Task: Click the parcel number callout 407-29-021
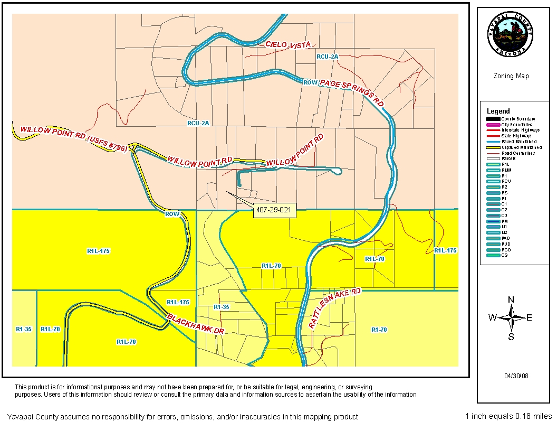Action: pyautogui.click(x=275, y=210)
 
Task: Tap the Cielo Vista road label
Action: pyautogui.click(x=289, y=45)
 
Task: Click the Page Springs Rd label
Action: pyautogui.click(x=351, y=91)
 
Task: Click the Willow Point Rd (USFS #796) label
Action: pyautogui.click(x=73, y=139)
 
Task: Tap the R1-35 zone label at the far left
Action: pyautogui.click(x=23, y=329)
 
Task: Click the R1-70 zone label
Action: pyautogui.click(x=379, y=330)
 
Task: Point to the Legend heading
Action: pyautogui.click(x=498, y=111)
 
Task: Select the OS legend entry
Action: pyautogui.click(x=504, y=256)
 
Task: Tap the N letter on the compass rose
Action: pyautogui.click(x=511, y=299)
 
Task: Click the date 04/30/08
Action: pyautogui.click(x=515, y=376)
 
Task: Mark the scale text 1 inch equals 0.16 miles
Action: pyautogui.click(x=508, y=416)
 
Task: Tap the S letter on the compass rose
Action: pyautogui.click(x=511, y=336)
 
